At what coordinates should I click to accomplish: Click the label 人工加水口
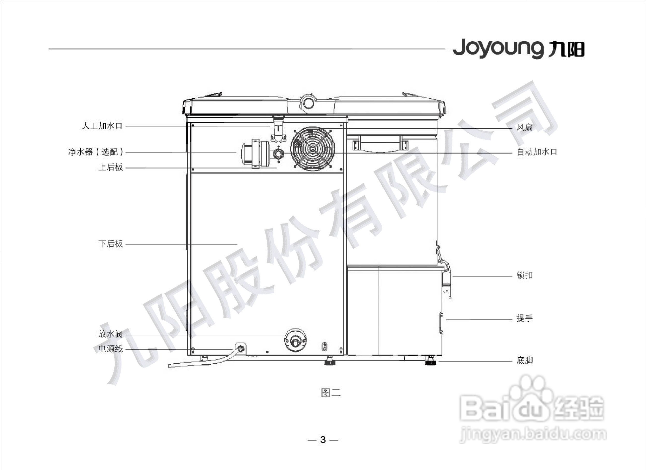click(102, 126)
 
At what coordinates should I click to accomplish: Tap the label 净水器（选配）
click(96, 152)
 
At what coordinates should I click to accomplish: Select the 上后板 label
click(110, 167)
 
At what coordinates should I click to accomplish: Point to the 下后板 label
click(110, 244)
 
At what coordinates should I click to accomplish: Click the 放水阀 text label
click(110, 334)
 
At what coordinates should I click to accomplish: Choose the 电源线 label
click(110, 349)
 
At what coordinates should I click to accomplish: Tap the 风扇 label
click(525, 127)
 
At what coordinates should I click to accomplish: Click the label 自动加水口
click(537, 152)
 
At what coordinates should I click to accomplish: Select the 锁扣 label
click(525, 275)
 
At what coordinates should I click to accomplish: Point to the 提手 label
click(525, 318)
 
